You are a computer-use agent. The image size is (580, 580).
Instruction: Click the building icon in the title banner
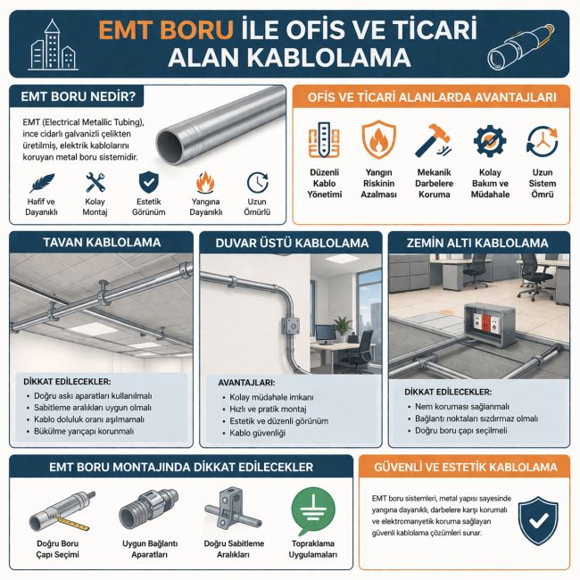(x=53, y=46)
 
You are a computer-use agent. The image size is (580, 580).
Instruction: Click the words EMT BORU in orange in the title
(x=166, y=29)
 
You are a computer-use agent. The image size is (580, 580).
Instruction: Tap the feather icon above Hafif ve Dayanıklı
(x=41, y=183)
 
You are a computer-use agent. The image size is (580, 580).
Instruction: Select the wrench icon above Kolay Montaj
(x=95, y=182)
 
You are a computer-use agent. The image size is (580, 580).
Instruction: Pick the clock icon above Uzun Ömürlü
(x=258, y=182)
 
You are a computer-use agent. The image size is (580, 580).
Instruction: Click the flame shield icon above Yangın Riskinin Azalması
(x=378, y=140)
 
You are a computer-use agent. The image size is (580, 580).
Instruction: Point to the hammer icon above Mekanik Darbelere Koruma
(x=433, y=141)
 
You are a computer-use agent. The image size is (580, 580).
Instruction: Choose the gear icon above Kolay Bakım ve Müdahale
(x=490, y=141)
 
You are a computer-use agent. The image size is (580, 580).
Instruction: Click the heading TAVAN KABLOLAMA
(x=102, y=243)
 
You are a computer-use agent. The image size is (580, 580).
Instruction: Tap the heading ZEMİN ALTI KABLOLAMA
(x=477, y=243)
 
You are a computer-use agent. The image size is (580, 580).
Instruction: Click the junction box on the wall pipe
(x=290, y=326)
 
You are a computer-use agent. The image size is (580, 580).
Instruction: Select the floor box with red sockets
(x=489, y=321)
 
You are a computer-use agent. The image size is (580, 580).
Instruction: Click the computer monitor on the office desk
(x=326, y=332)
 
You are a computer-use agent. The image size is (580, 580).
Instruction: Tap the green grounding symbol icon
(x=313, y=510)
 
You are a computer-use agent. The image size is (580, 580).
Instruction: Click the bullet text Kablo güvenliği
(x=258, y=433)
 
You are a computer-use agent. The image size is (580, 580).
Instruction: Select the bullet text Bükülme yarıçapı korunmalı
(x=84, y=431)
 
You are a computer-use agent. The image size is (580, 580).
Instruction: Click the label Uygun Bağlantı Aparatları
(x=150, y=549)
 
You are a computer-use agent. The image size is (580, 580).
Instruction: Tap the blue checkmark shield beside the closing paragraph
(x=538, y=521)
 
